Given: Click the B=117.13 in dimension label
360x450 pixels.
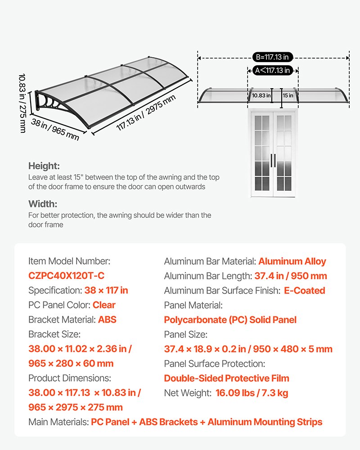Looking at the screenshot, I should coord(273,57).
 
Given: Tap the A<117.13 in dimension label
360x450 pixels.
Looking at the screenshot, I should coord(273,70).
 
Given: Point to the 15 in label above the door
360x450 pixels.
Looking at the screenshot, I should coord(288,95).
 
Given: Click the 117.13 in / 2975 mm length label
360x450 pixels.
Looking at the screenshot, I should coord(145,114).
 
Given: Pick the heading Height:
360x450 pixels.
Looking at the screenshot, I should coord(44,166).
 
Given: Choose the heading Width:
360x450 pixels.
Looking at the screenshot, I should coord(43,204).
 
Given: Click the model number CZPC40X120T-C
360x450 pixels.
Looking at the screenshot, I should coord(66,276).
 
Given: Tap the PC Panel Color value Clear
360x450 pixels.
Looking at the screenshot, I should coord(104,305).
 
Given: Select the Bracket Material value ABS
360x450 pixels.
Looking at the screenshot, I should coord(107,320).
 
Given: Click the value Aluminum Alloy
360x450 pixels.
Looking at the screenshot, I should coord(292,261).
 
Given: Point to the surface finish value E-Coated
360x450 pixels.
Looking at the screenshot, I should coord(304,291).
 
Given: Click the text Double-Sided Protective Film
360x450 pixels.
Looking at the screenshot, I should coord(226,378).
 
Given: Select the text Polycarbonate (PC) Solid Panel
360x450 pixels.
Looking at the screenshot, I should coord(230,320).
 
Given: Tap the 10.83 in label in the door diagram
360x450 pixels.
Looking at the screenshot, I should coord(261,95).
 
